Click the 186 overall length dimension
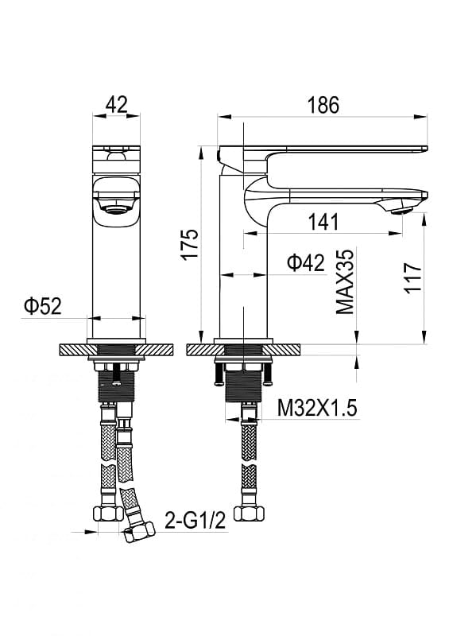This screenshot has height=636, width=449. pyautogui.click(x=323, y=105)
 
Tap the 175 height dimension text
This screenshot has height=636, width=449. pyautogui.click(x=189, y=245)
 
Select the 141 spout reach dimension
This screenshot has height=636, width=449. pyautogui.click(x=323, y=222)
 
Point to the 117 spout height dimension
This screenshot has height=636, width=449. pyautogui.click(x=412, y=277)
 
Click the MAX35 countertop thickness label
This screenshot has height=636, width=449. pyautogui.click(x=345, y=281)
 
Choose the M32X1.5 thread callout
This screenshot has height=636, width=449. pyautogui.click(x=317, y=408)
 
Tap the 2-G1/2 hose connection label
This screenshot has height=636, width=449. pyautogui.click(x=195, y=521)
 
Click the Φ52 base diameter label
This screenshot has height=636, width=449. pyautogui.click(x=43, y=306)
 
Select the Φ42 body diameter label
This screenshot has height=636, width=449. pyautogui.click(x=306, y=263)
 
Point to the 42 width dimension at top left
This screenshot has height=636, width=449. pyautogui.click(x=116, y=104)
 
